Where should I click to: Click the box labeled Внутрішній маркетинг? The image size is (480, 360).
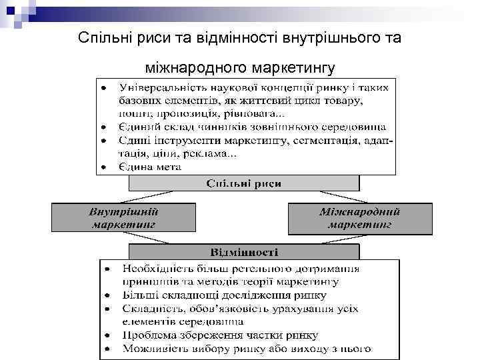[124, 218]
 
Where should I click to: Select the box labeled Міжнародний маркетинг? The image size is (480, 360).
[359, 218]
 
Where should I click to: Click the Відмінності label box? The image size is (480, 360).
[244, 253]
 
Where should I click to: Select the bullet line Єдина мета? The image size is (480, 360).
[150, 167]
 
